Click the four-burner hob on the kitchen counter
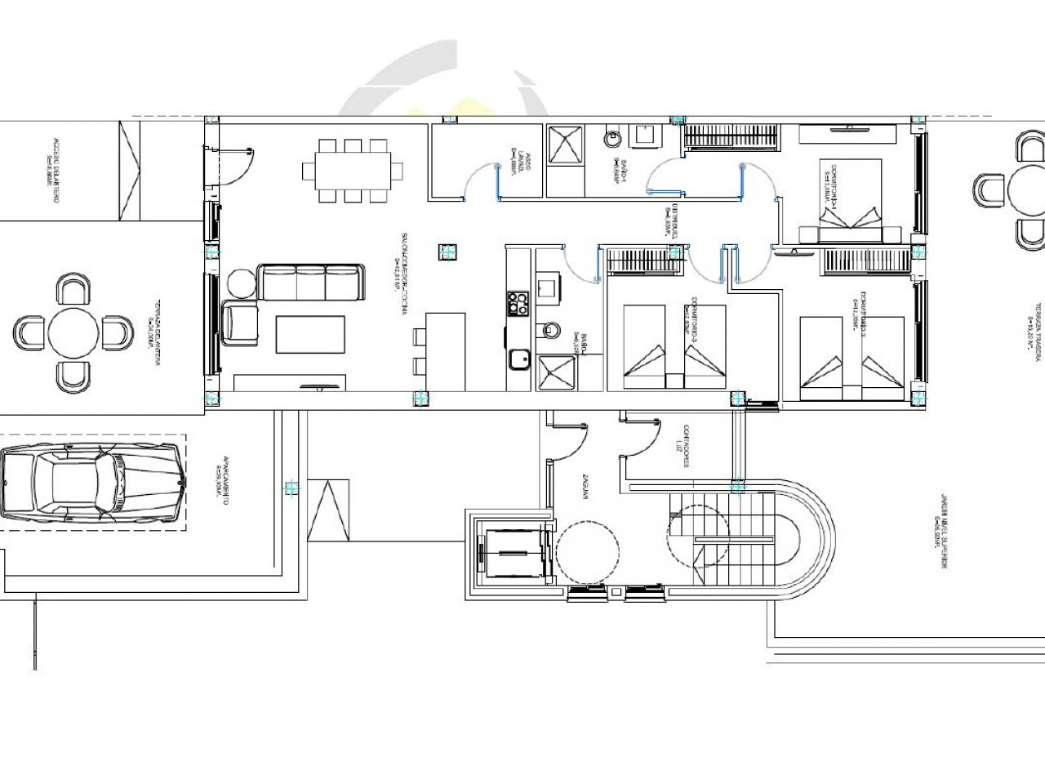click(x=518, y=303)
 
